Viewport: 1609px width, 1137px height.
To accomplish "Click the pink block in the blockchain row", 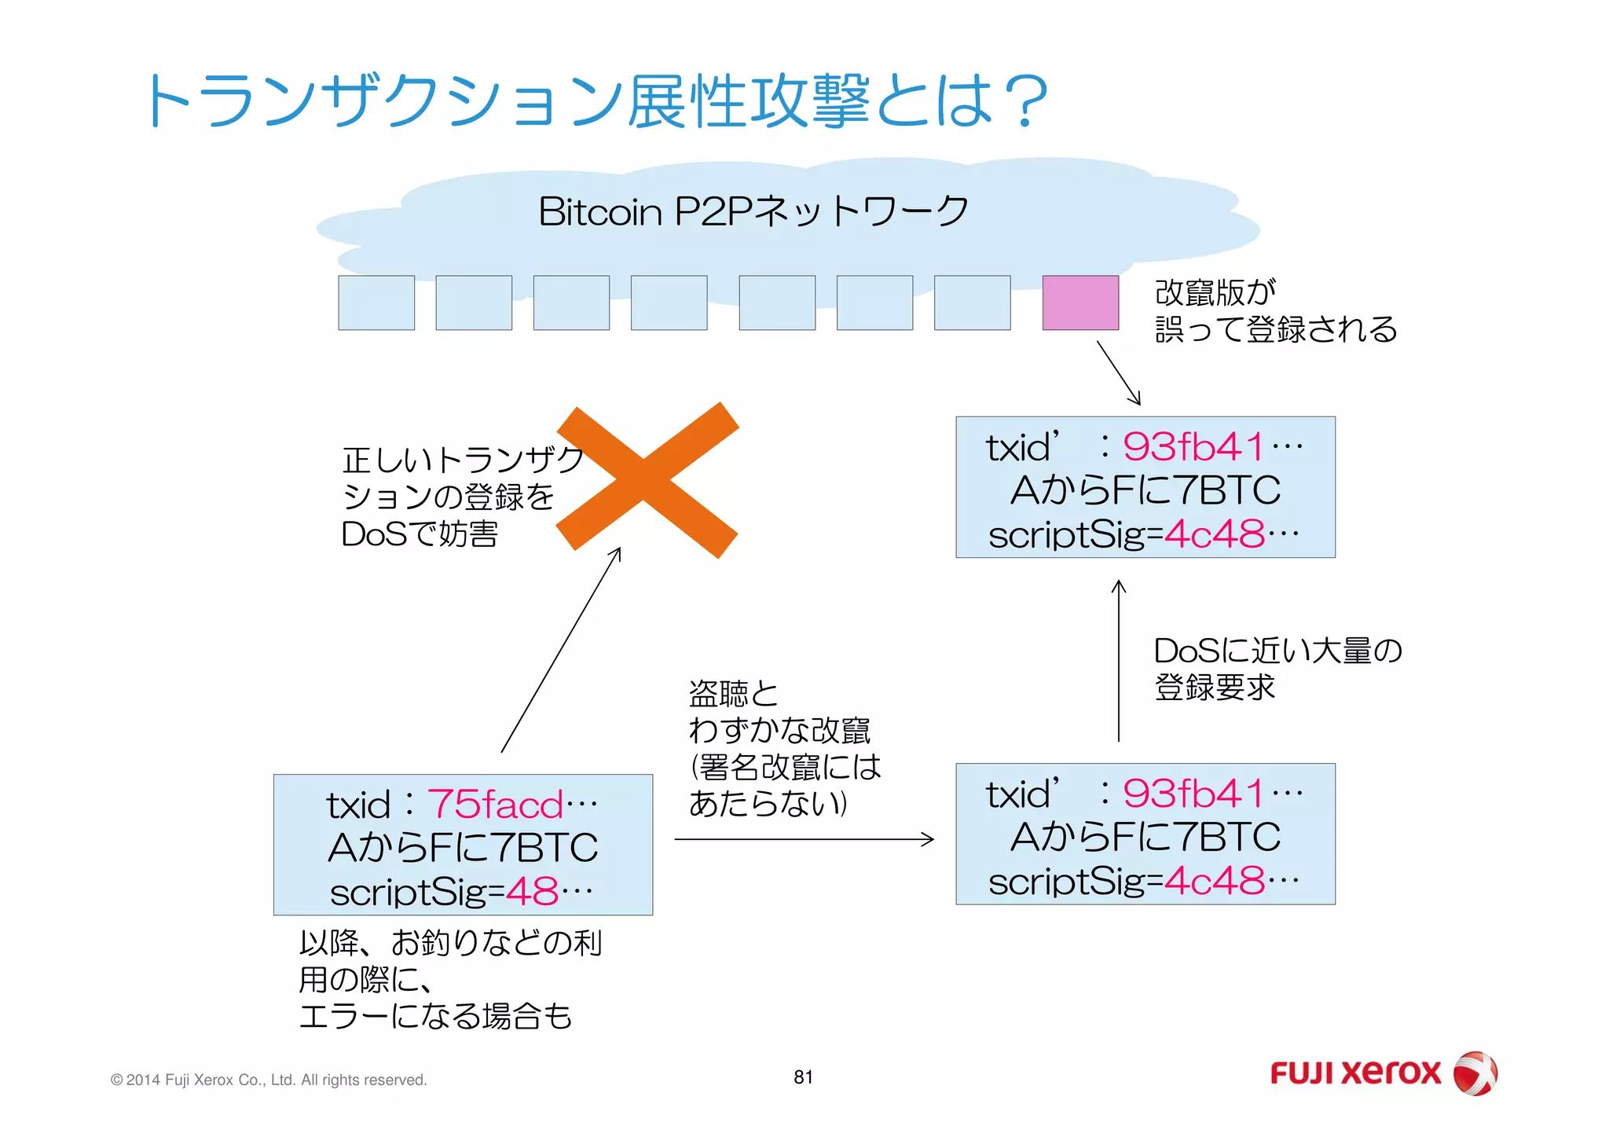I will pyautogui.click(x=1080, y=303).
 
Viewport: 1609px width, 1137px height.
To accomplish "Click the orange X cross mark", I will pyautogui.click(x=647, y=479).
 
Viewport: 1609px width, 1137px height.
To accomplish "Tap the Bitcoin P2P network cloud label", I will pyautogui.click(x=753, y=211).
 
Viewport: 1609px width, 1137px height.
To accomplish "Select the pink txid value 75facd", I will pyautogui.click(x=495, y=805).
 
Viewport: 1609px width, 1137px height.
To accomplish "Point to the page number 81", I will pyautogui.click(x=803, y=1077).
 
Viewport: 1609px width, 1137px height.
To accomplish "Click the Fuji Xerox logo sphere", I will pyautogui.click(x=1475, y=1073).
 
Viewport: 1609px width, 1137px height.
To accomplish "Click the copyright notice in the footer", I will pyautogui.click(x=269, y=1080).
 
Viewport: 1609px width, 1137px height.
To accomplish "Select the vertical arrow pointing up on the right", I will pyautogui.click(x=1119, y=660).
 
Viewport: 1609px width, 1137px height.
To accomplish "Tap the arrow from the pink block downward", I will pyautogui.click(x=1118, y=372).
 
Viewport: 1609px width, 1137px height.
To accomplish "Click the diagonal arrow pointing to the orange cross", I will pyautogui.click(x=561, y=651).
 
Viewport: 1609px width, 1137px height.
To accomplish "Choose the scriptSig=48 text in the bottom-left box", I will pyautogui.click(x=461, y=892).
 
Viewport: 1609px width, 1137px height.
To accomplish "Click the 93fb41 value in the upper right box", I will pyautogui.click(x=1193, y=446).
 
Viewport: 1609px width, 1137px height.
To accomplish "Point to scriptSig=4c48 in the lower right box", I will pyautogui.click(x=1144, y=881).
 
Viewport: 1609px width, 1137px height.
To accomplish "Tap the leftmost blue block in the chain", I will pyautogui.click(x=376, y=303).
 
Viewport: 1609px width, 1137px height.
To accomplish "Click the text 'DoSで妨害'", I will pyautogui.click(x=420, y=534).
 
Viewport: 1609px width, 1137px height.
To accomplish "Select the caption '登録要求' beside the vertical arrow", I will pyautogui.click(x=1214, y=688).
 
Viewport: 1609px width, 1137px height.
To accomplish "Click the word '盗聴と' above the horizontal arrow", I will pyautogui.click(x=733, y=693).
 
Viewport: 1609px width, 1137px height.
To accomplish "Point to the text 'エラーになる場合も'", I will pyautogui.click(x=435, y=1016).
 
